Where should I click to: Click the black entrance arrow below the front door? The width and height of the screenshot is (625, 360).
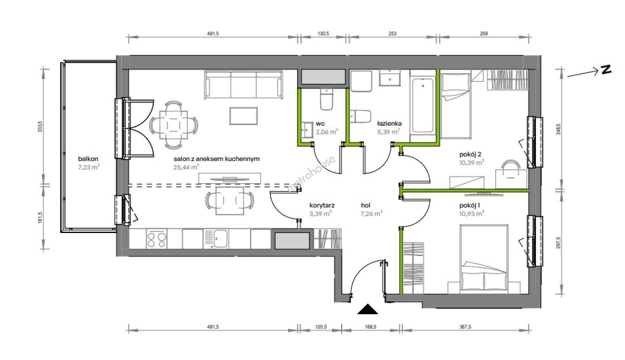[x=368, y=310]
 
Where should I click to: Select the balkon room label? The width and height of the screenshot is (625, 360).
[x=88, y=159]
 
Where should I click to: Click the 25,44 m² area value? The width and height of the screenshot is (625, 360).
[x=186, y=167]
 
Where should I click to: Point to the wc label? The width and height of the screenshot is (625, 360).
[x=321, y=124]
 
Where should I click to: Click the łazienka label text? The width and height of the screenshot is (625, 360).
[x=389, y=124]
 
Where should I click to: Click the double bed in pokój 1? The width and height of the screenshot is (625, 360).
[x=484, y=258]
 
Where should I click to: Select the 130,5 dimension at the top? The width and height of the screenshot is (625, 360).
[x=323, y=33]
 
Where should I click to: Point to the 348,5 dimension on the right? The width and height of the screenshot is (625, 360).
[x=559, y=129]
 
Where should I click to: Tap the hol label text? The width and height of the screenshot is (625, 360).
[x=365, y=205]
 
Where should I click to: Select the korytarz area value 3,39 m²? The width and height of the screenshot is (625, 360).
[x=320, y=214]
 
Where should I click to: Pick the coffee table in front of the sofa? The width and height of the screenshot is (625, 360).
[x=244, y=116]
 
